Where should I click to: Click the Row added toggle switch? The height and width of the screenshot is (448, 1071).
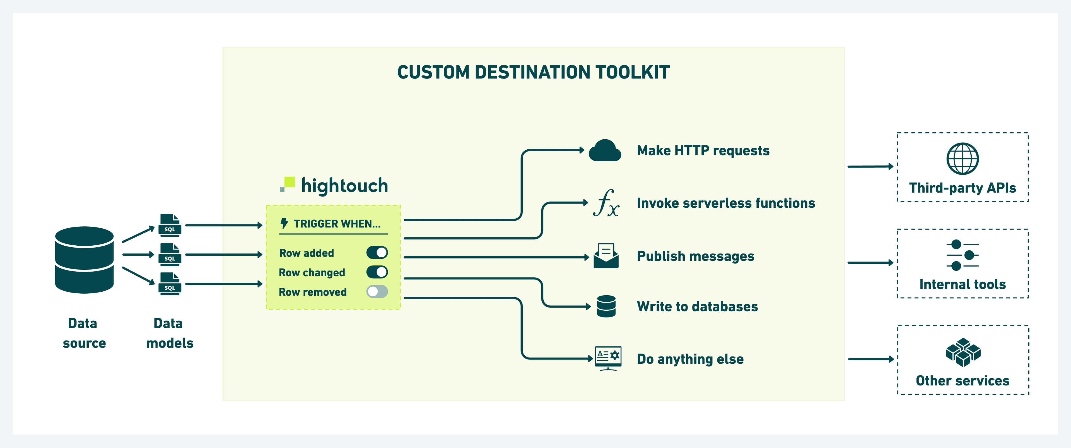pyautogui.click(x=377, y=253)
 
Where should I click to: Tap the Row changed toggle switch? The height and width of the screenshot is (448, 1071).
pyautogui.click(x=377, y=272)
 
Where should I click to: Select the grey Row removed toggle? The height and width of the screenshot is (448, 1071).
pyautogui.click(x=377, y=292)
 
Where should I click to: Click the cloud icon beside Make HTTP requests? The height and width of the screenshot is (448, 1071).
pyautogui.click(x=605, y=150)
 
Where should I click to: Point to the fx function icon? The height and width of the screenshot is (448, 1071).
pyautogui.click(x=606, y=203)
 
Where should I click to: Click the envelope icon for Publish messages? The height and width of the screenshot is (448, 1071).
pyautogui.click(x=606, y=256)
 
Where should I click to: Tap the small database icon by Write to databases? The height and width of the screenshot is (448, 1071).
pyautogui.click(x=606, y=306)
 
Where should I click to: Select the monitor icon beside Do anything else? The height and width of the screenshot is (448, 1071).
pyautogui.click(x=608, y=358)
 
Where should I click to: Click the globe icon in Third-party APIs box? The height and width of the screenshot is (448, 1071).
pyautogui.click(x=963, y=159)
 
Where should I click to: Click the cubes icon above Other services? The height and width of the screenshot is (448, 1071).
pyautogui.click(x=963, y=352)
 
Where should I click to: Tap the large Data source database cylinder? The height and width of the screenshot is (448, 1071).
pyautogui.click(x=85, y=260)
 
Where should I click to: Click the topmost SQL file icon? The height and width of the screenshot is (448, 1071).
pyautogui.click(x=170, y=225)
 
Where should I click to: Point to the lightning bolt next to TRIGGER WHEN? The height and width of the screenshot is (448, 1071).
pyautogui.click(x=284, y=223)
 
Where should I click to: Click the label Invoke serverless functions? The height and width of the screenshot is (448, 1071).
pyautogui.click(x=725, y=203)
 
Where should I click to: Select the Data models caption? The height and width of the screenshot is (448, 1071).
pyautogui.click(x=169, y=333)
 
